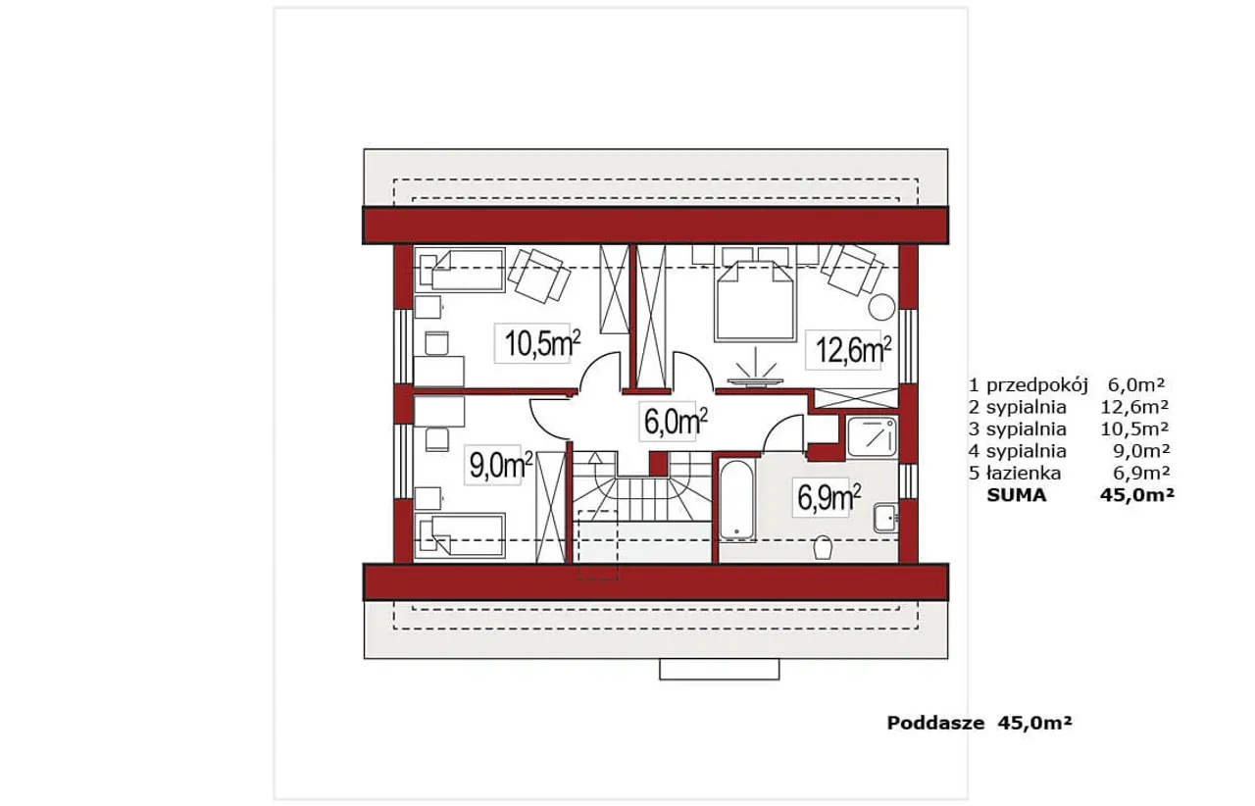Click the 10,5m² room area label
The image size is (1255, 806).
pos(542,343)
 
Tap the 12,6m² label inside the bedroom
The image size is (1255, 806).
pos(853,350)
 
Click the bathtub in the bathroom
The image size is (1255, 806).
pos(736,500)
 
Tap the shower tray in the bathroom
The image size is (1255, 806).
pos(872,437)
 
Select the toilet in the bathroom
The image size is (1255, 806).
pos(823,547)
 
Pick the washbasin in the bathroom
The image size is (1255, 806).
pos(885,518)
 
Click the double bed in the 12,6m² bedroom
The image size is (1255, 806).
pos(755,300)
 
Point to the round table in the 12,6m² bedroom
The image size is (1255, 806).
pos(881,307)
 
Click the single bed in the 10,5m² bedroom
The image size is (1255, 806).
pos(460,271)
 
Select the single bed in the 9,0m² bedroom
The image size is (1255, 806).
pos(460,535)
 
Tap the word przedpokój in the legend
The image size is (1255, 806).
pos(1037,385)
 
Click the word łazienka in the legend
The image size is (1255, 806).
pos(1023,473)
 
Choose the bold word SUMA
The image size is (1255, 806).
pos(1017,495)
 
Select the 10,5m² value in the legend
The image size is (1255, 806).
pos(1134,428)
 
